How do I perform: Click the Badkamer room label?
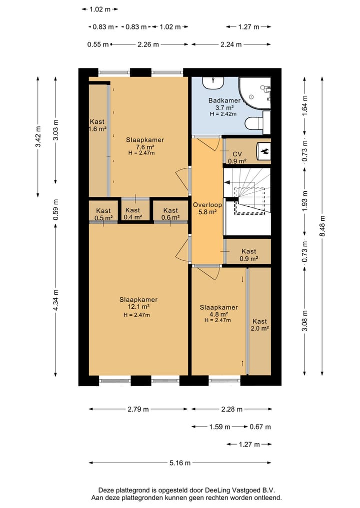224,100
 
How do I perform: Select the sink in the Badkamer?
213,82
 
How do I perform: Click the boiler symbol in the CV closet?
264,151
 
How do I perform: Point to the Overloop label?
207,205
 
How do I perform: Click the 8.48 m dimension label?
322,225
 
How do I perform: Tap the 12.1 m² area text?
139,307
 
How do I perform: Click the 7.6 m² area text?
145,147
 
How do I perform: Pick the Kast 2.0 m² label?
260,325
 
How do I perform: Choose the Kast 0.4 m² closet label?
132,213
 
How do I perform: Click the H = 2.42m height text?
223,114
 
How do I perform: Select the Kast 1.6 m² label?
97,125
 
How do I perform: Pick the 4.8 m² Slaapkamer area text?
218,314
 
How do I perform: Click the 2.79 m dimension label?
138,409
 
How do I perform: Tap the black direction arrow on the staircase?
227,182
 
